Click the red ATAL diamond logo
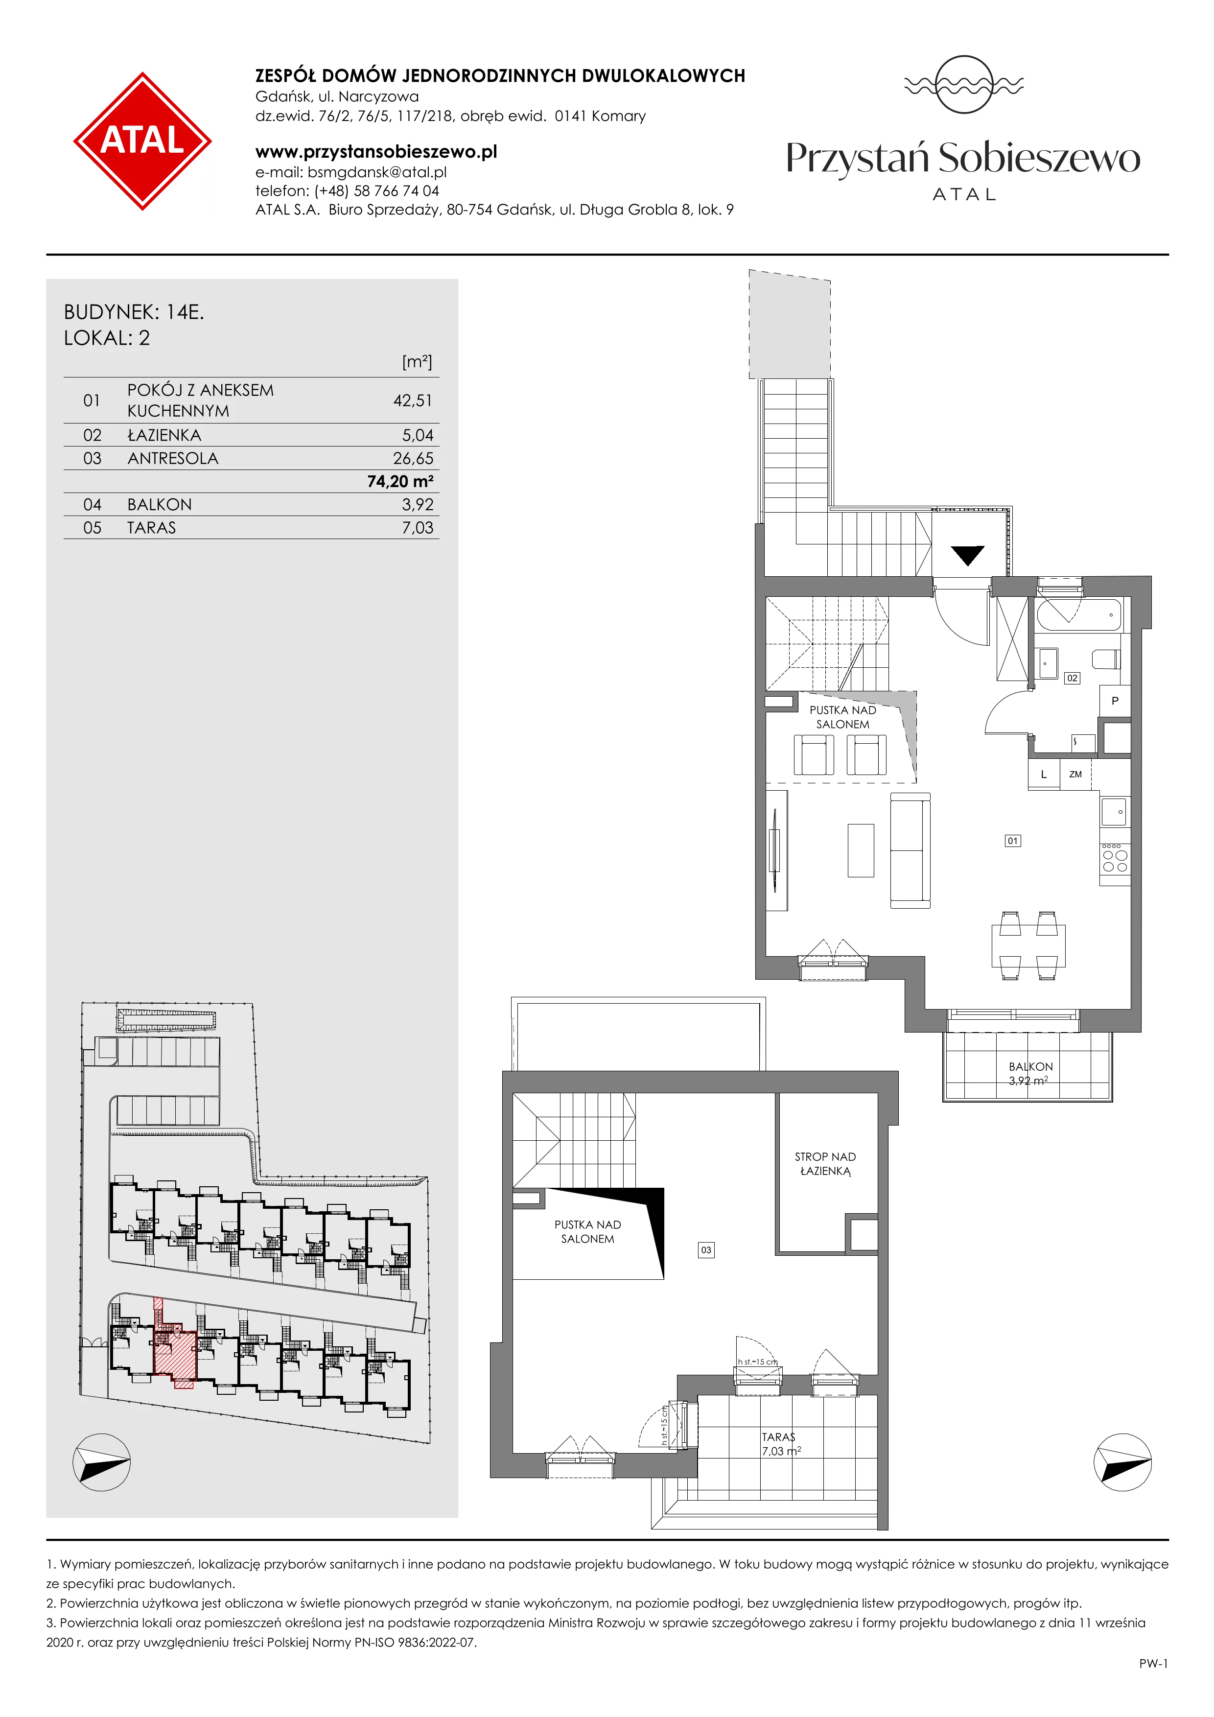(x=142, y=141)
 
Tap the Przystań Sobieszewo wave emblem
(x=963, y=85)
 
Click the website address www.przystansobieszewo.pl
(x=376, y=152)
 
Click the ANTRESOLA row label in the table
(x=173, y=458)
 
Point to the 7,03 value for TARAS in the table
(x=417, y=528)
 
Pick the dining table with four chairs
(x=1028, y=946)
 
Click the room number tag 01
(x=1013, y=841)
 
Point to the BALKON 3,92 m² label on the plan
(x=1030, y=1073)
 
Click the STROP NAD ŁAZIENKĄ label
(x=825, y=1164)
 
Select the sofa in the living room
(x=910, y=851)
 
